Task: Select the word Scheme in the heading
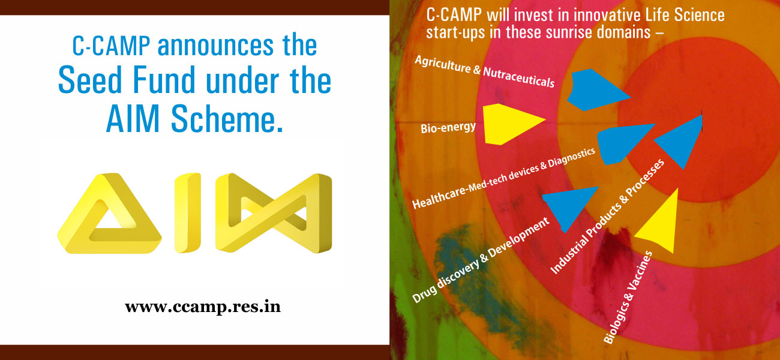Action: [x=227, y=118]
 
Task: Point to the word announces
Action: [x=215, y=46]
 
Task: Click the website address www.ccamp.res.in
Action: [x=203, y=307]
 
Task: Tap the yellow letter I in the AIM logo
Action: [x=188, y=212]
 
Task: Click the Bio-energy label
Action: [x=448, y=127]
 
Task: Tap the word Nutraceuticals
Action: [x=519, y=77]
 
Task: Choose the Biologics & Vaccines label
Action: [x=628, y=298]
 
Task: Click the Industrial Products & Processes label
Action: [x=607, y=217]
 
